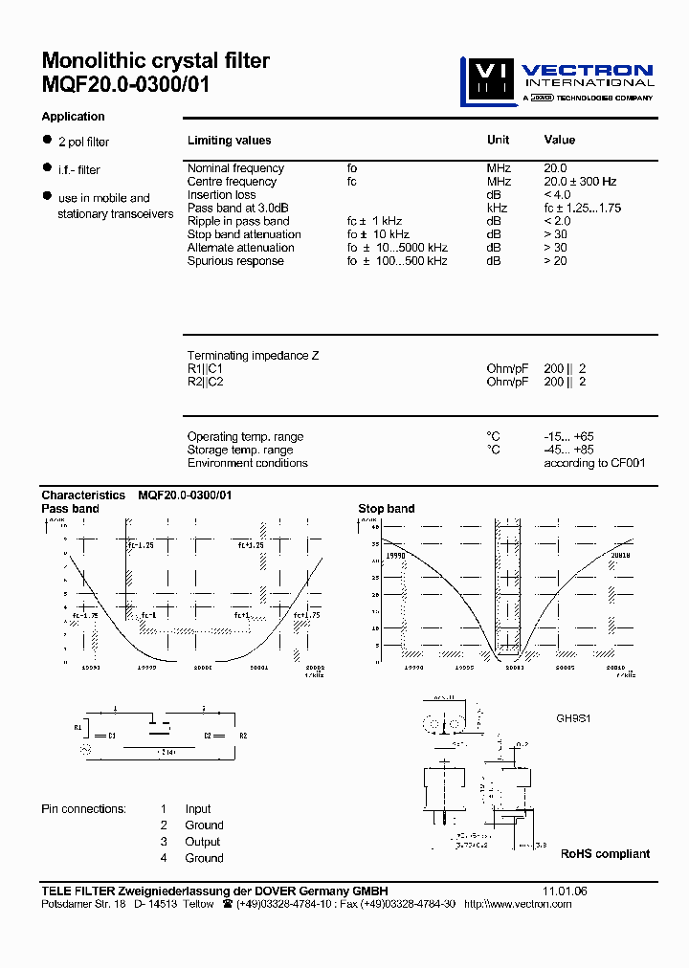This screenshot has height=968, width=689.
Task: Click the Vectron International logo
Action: (558, 81)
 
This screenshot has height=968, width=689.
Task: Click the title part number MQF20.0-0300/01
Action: (125, 84)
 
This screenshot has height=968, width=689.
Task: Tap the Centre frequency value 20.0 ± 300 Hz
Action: (580, 182)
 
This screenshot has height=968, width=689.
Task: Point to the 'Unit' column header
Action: (498, 140)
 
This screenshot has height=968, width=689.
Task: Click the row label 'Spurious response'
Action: (235, 261)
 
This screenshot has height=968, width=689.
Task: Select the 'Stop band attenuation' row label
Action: (244, 234)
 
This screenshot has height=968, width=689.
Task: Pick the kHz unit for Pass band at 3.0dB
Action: (496, 209)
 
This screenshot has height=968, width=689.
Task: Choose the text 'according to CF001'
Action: (594, 463)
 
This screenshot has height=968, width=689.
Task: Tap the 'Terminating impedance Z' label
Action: (253, 356)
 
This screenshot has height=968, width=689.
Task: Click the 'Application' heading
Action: (73, 117)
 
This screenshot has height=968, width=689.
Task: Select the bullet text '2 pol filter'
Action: (83, 143)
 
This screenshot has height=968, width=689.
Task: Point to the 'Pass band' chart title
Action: (70, 509)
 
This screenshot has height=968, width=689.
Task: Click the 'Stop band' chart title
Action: (386, 509)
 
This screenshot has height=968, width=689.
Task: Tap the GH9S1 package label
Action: (574, 717)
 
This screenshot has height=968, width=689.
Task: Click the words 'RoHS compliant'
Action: (605, 854)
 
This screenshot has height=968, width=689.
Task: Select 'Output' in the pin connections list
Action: (203, 842)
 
